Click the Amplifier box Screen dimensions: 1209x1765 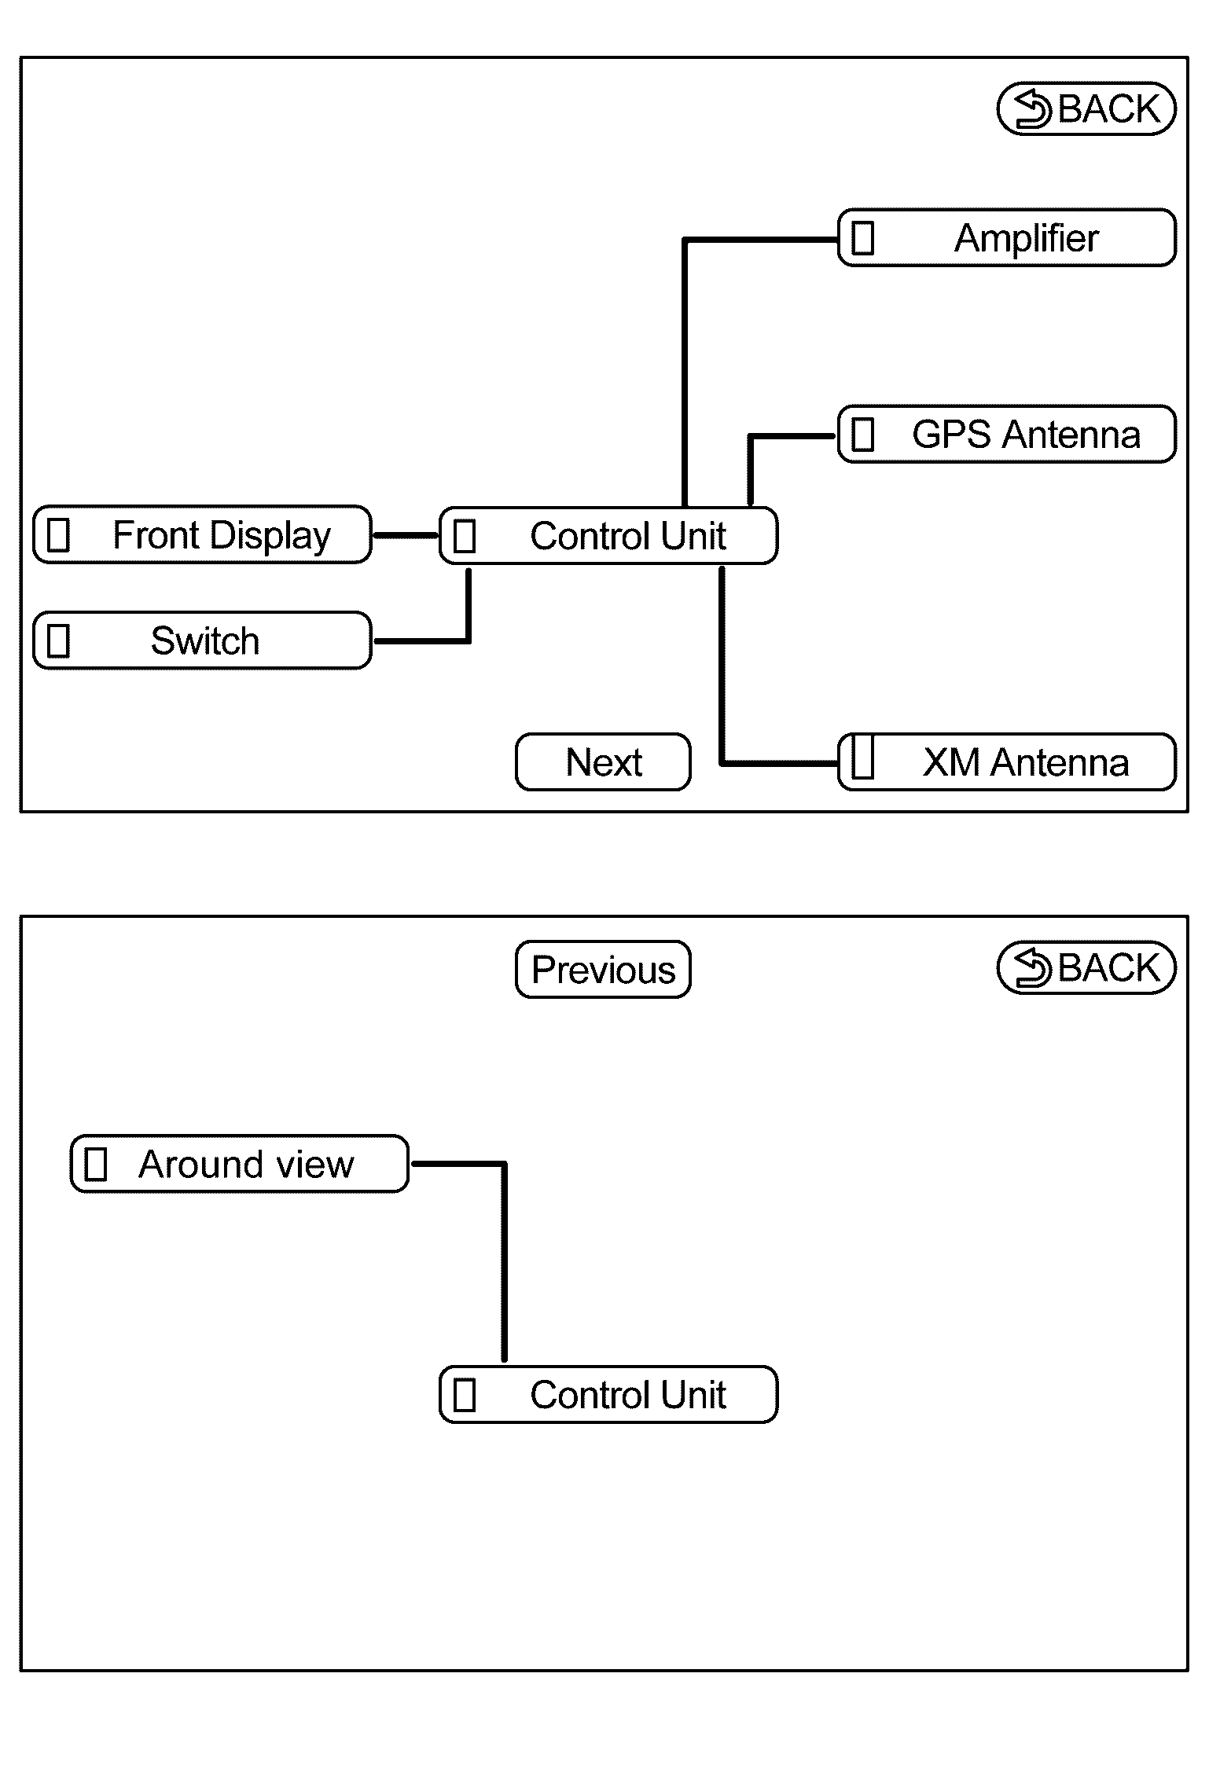[1007, 237]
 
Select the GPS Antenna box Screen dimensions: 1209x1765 [1007, 434]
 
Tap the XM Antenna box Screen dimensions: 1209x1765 [1007, 761]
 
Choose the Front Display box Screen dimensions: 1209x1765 [202, 534]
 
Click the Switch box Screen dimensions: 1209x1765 [202, 640]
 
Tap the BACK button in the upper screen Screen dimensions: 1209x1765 [1086, 108]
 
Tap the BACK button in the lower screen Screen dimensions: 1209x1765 [1086, 967]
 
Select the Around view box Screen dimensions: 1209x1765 [240, 1164]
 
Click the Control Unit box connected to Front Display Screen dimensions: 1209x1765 [608, 535]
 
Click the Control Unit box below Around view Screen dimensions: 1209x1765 [608, 1394]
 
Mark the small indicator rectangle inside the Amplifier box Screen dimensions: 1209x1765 [863, 238]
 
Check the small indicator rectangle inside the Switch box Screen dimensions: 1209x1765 [59, 640]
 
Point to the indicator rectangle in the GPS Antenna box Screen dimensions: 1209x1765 [863, 435]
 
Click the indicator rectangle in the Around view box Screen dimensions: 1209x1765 [96, 1164]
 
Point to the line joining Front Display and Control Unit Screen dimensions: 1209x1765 [406, 535]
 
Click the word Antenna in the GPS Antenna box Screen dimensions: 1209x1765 [1072, 435]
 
